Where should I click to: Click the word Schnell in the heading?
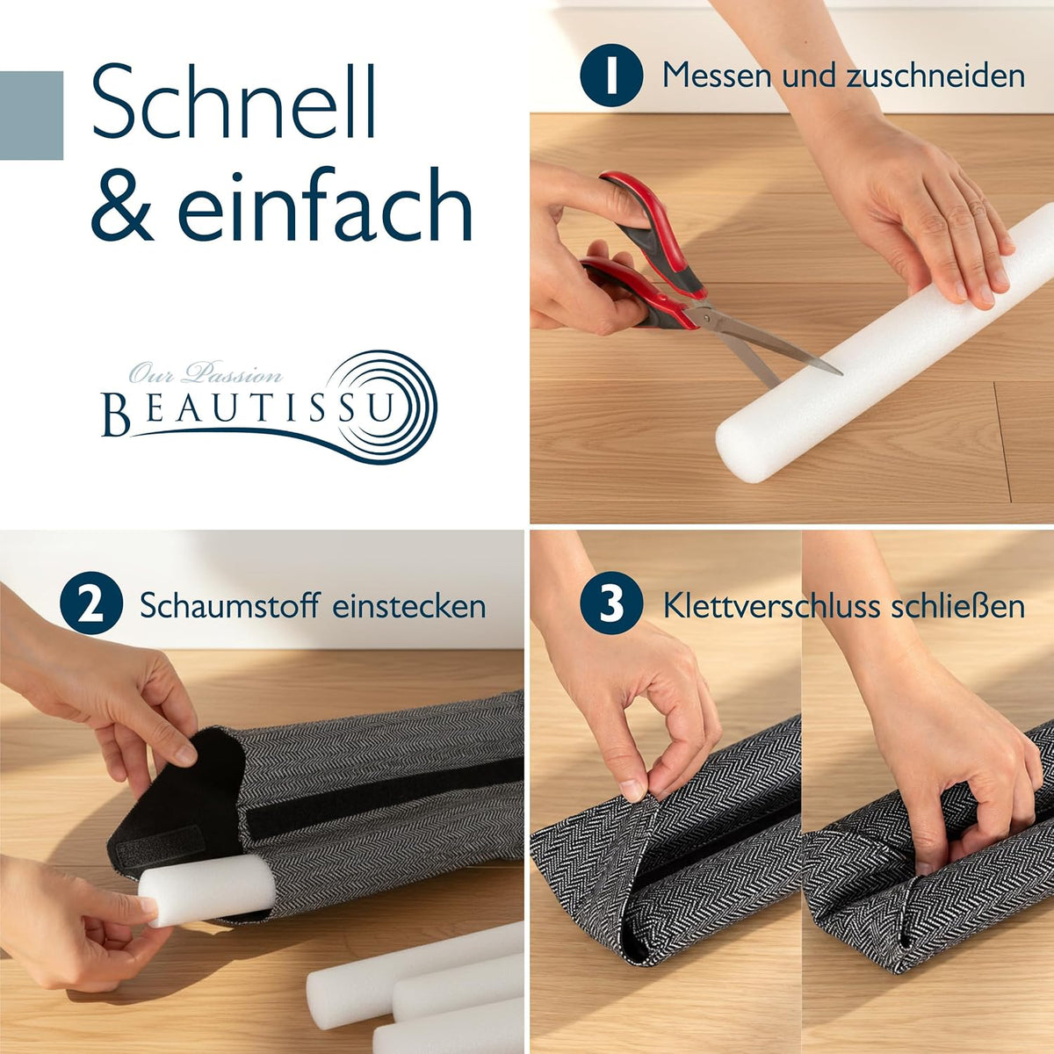235,101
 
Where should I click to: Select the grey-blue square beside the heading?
31,115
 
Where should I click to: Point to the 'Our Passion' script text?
206,373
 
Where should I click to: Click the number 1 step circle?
611,75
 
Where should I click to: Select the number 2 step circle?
91,605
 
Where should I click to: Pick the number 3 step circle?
611,605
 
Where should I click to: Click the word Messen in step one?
718,76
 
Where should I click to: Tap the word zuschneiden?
935,76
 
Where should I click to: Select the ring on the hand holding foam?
977,207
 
